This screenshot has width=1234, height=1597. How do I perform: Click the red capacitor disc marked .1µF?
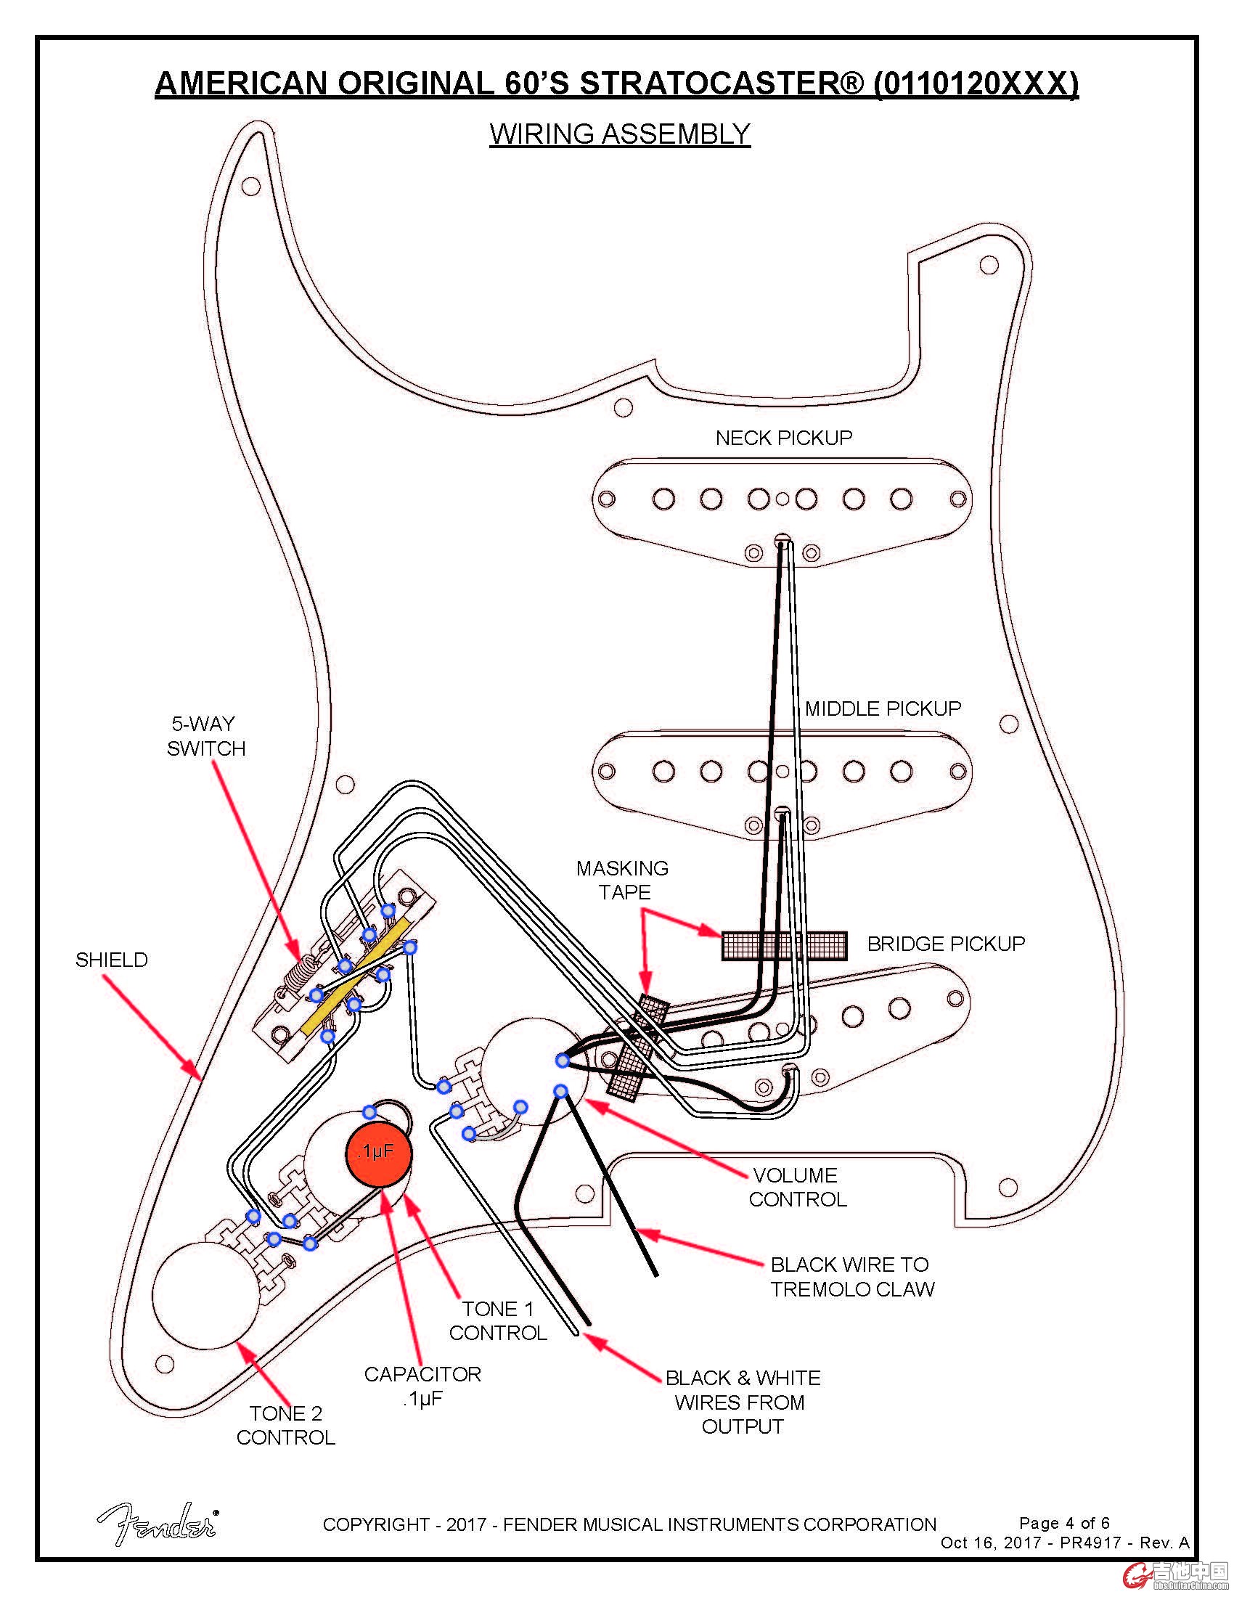tap(378, 1153)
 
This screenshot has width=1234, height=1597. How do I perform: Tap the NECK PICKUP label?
tap(784, 438)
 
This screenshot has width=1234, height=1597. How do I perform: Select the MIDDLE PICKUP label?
tap(883, 708)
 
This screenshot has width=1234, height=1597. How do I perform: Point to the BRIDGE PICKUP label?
tap(945, 944)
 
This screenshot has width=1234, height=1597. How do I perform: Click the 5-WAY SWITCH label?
tap(205, 736)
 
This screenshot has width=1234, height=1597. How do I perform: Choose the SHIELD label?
tap(111, 960)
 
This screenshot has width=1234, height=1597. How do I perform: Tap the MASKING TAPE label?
tap(623, 881)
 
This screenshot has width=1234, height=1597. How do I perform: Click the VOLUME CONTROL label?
tap(797, 1188)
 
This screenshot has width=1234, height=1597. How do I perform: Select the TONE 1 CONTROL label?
tap(498, 1320)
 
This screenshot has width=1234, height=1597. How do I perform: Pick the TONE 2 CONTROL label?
tap(286, 1425)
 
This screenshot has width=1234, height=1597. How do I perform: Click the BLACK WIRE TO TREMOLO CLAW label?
tap(851, 1277)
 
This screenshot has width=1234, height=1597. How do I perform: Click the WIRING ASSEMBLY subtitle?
tap(620, 134)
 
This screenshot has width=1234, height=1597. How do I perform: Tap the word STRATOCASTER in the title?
tap(721, 83)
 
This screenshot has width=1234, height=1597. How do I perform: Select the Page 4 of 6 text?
tap(1063, 1523)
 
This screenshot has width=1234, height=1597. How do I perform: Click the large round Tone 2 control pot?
tap(205, 1295)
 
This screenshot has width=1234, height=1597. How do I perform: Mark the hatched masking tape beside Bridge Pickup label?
tap(785, 945)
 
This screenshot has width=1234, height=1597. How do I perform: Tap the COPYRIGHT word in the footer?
tap(376, 1524)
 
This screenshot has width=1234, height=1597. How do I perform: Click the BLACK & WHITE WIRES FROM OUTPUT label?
tap(743, 1402)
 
